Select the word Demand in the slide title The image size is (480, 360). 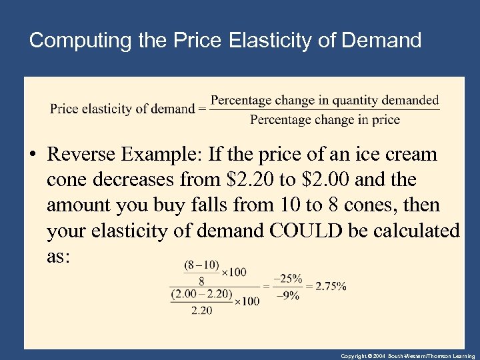[381, 41]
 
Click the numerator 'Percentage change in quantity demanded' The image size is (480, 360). [325, 100]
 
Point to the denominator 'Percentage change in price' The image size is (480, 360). [325, 120]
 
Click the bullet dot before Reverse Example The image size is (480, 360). [34, 155]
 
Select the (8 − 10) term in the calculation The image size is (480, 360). [201, 265]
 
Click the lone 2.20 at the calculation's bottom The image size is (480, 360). [201, 310]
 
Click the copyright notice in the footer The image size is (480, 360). [407, 356]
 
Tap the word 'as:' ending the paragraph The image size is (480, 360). [59, 256]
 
